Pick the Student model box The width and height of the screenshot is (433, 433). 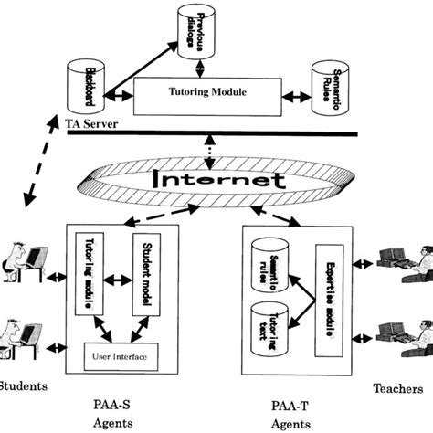click(146, 274)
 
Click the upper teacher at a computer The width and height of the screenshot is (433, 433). click(407, 266)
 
